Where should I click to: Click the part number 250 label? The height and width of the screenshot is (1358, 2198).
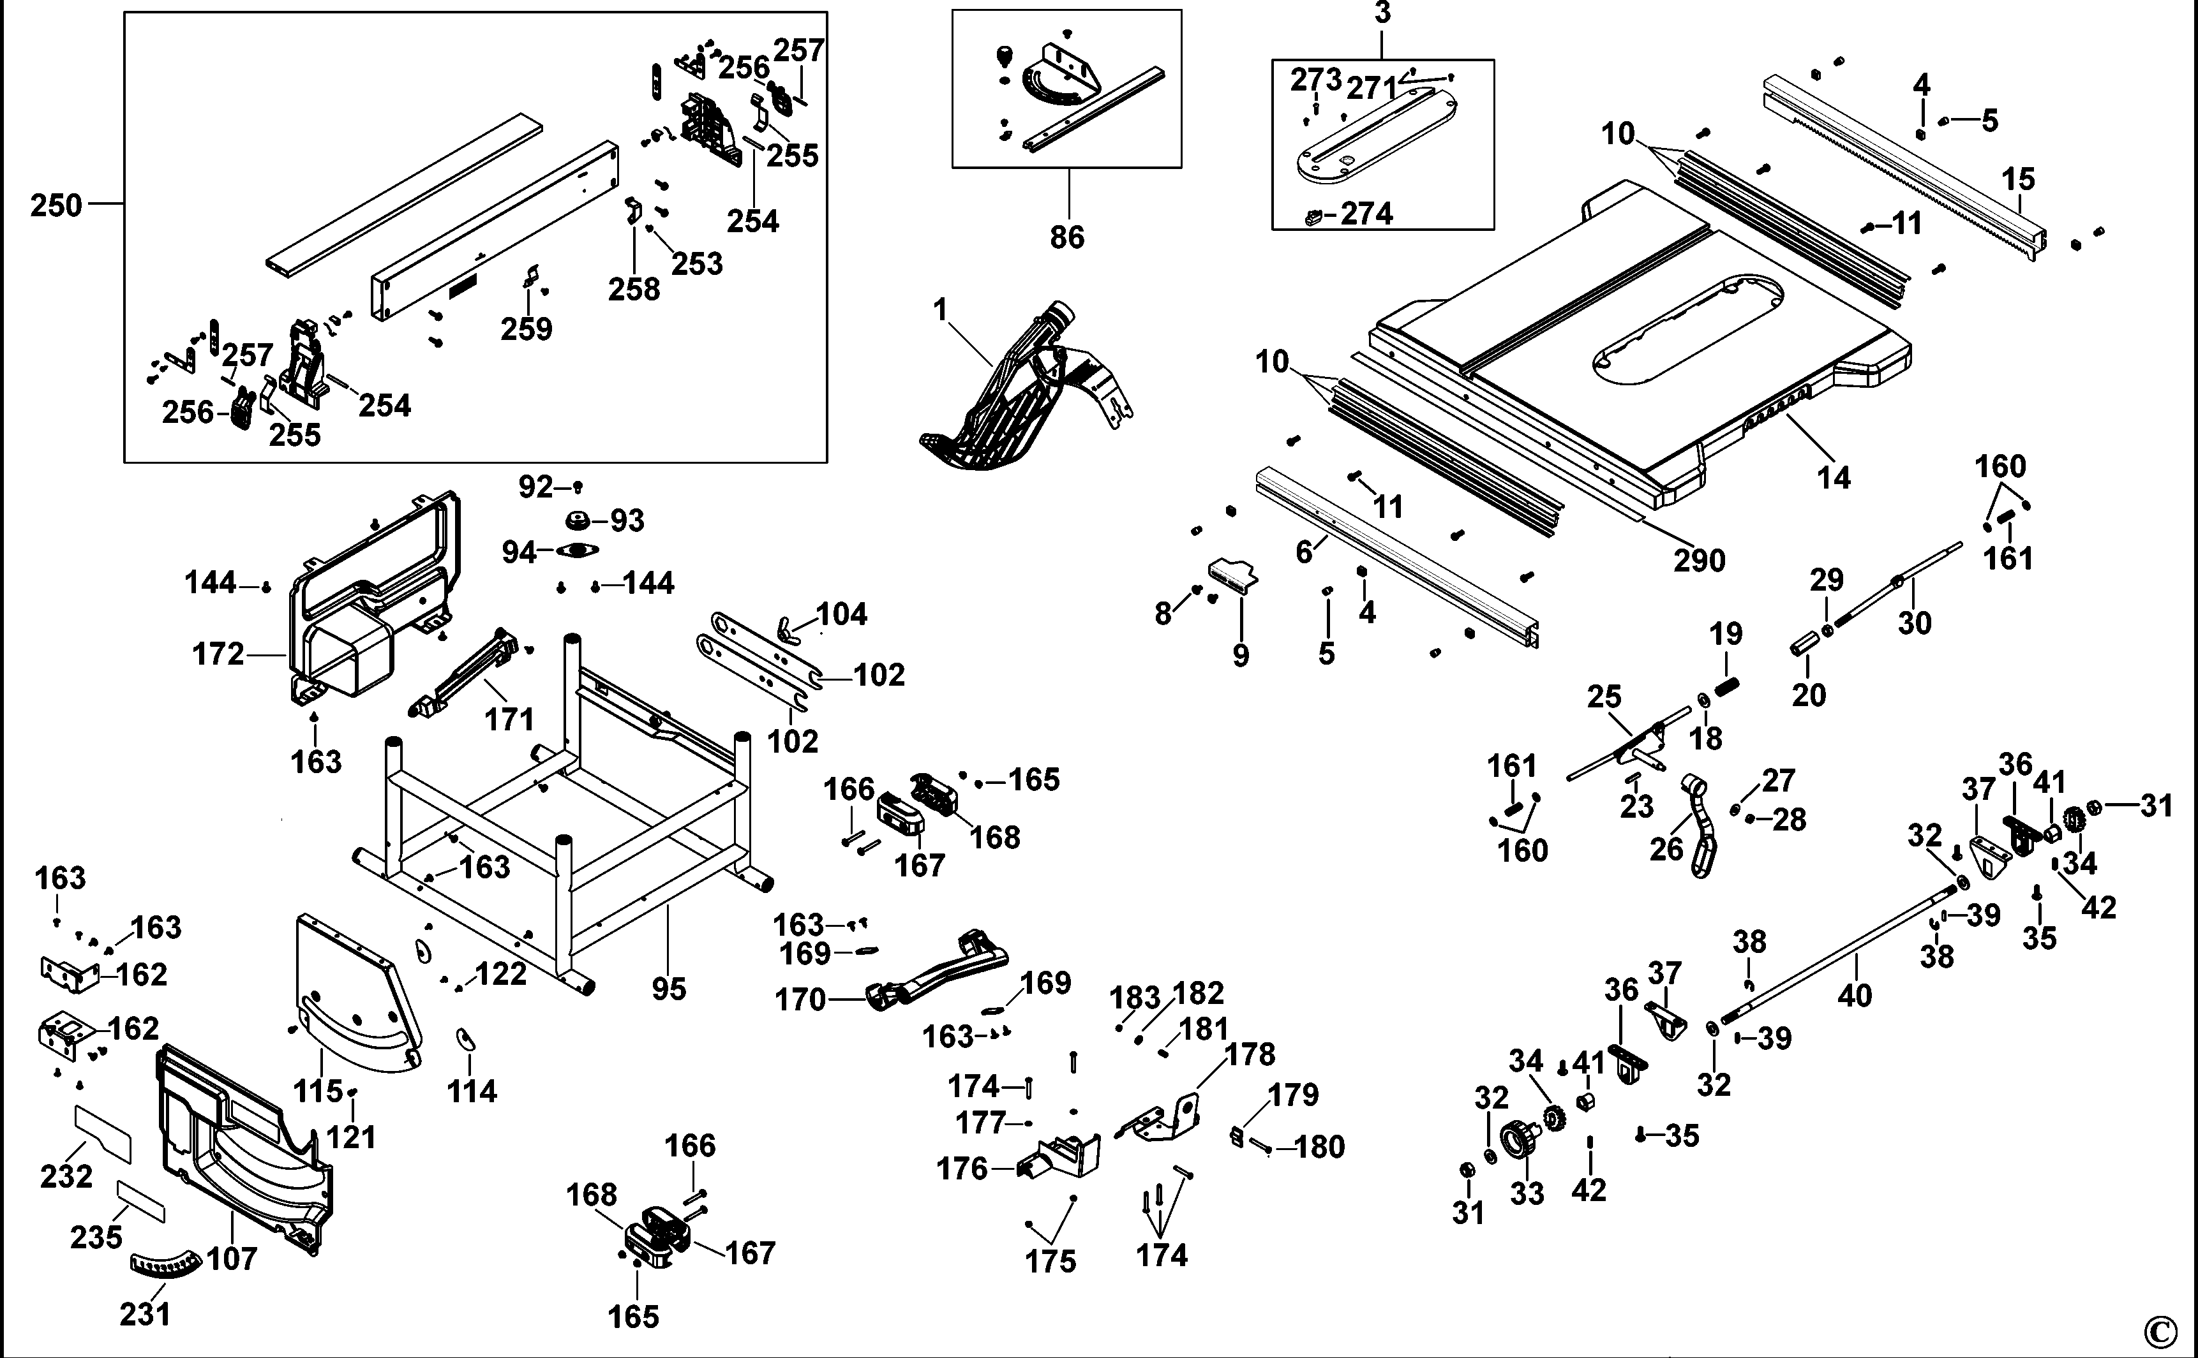(x=56, y=205)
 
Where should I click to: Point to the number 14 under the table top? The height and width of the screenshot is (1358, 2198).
(x=1834, y=478)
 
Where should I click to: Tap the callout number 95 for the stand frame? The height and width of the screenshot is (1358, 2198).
(x=669, y=989)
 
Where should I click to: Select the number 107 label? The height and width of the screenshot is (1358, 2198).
(x=232, y=1258)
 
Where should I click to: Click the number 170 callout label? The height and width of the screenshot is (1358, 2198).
(x=800, y=1000)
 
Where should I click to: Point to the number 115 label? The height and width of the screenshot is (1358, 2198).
(x=318, y=1091)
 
